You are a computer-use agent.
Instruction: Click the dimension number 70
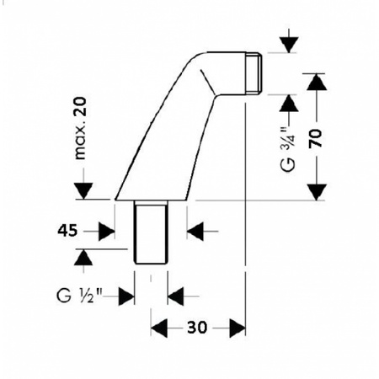316,138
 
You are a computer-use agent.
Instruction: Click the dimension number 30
197,328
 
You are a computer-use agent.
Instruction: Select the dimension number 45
67,231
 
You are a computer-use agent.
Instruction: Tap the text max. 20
80,128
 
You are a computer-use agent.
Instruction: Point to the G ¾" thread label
288,150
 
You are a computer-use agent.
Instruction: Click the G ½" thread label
80,296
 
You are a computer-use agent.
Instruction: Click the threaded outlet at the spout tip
254,72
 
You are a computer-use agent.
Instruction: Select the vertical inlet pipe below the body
151,232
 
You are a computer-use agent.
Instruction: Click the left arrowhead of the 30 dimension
159,328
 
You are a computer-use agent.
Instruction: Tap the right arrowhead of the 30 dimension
238,328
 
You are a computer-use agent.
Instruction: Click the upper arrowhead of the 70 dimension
317,82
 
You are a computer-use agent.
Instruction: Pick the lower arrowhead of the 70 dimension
317,192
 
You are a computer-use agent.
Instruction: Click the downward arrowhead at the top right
289,45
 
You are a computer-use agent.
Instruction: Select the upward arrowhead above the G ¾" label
289,103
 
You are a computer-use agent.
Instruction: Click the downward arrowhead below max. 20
83,191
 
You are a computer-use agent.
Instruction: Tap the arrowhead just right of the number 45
107,232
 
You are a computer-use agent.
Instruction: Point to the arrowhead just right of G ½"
126,296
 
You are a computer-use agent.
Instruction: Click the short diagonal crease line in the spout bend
207,83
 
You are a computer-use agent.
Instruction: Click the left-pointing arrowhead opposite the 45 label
195,232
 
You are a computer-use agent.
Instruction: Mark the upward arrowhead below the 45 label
83,257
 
